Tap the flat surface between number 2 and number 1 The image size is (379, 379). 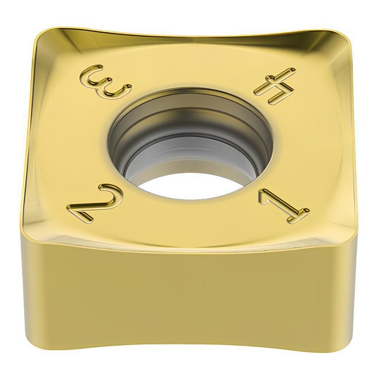[189, 224]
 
